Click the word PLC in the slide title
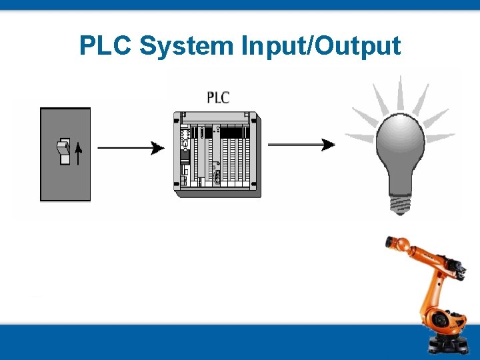(x=107, y=46)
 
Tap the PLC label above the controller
(x=218, y=97)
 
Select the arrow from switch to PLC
(x=130, y=147)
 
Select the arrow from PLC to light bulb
(x=301, y=145)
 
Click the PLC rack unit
(x=217, y=153)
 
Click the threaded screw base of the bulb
(x=400, y=203)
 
